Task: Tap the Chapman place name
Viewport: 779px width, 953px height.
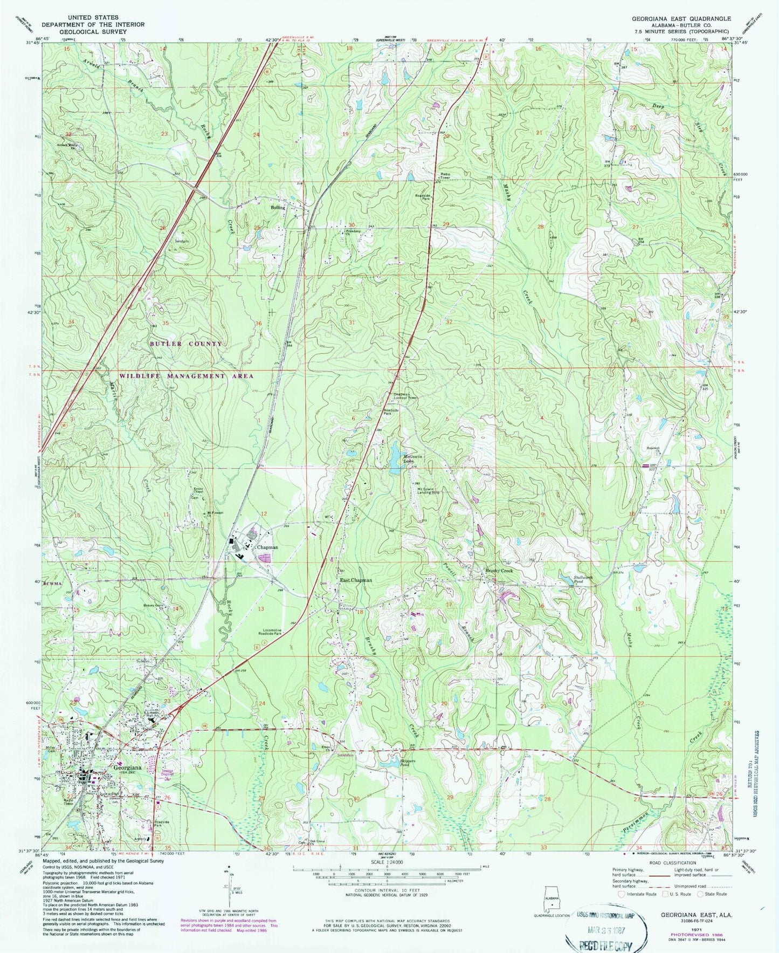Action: pyautogui.click(x=267, y=547)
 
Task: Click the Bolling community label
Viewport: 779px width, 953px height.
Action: pyautogui.click(x=278, y=207)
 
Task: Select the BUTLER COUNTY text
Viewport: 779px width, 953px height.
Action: pyautogui.click(x=186, y=344)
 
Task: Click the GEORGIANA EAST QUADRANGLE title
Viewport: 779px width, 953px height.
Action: pyautogui.click(x=681, y=18)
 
